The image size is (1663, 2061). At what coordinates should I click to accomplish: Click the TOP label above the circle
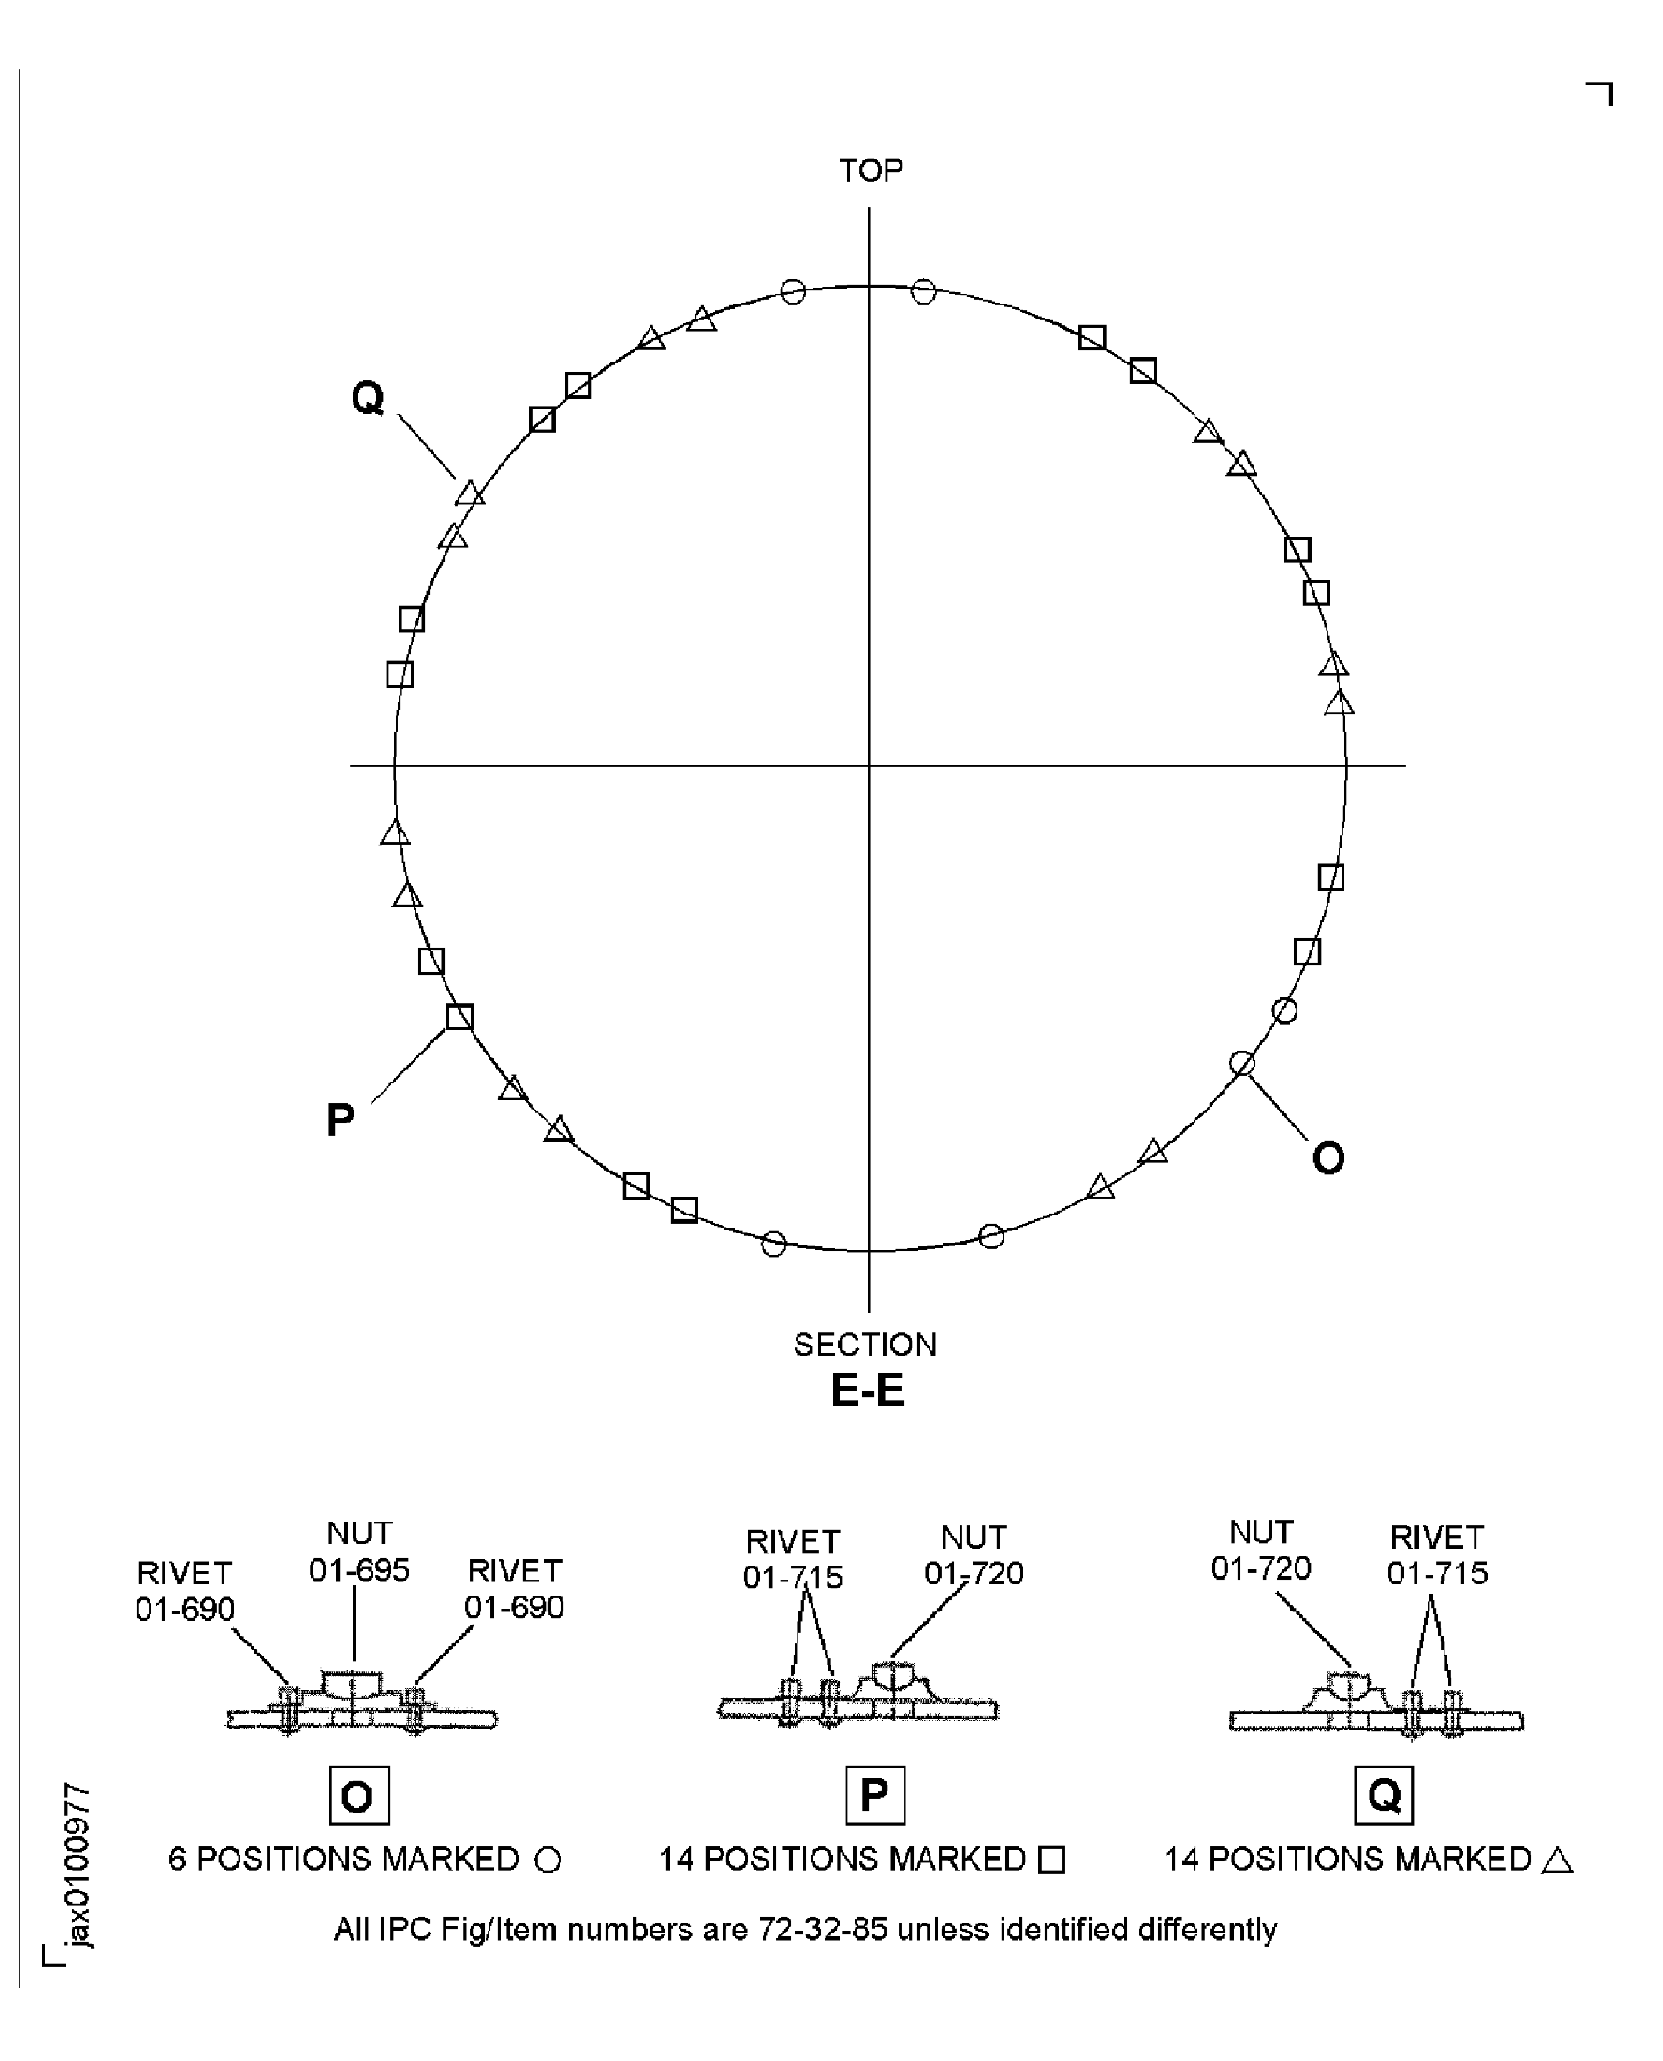pos(870,170)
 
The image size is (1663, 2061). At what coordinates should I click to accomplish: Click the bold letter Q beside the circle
pos(368,396)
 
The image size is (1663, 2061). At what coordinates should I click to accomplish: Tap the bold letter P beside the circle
pos(340,1119)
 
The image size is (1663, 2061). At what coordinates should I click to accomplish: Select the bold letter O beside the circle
pos(1327,1159)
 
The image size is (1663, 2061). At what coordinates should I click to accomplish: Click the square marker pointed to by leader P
pos(459,1017)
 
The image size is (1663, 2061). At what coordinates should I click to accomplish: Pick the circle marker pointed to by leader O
pos(1241,1063)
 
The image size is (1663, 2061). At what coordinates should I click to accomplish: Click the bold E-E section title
pos(867,1390)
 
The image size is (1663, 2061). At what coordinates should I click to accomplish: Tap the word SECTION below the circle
pos(865,1345)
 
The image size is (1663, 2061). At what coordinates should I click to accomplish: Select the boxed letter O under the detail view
pos(358,1797)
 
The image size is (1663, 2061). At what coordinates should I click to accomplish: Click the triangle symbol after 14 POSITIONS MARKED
pos(1557,1861)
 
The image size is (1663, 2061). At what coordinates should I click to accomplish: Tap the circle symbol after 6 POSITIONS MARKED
pos(547,1861)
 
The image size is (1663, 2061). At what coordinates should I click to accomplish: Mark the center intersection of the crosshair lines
pos(869,766)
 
